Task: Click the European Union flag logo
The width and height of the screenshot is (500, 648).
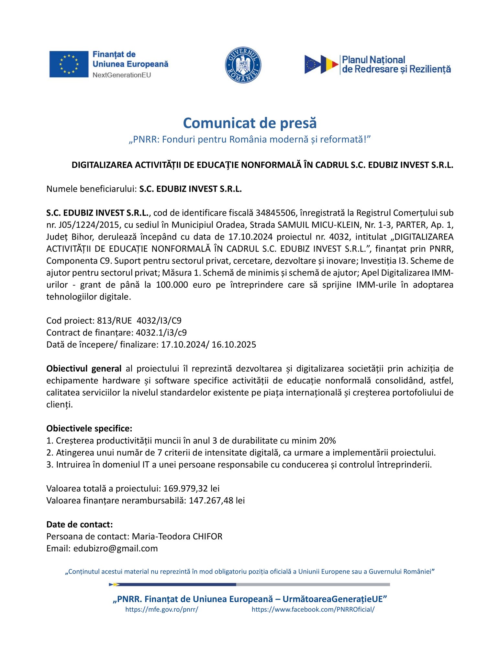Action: pos(69,64)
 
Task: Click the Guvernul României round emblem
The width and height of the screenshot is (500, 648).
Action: pos(243,65)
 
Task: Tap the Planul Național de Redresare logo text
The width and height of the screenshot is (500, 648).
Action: pos(396,64)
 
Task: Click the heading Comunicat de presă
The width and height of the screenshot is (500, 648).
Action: pos(250,123)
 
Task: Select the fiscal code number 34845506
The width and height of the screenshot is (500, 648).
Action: pos(276,213)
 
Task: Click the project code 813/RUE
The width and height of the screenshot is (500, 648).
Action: pos(114,321)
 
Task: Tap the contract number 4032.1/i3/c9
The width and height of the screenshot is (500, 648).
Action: pos(161,333)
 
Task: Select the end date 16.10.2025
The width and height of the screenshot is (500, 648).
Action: pos(234,345)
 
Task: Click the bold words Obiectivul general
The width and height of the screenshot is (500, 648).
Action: pos(84,369)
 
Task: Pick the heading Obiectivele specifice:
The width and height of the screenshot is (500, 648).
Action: pos(89,429)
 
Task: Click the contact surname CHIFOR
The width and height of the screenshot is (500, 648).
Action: pos(207,537)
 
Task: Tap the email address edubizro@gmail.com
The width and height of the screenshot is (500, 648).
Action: pos(116,549)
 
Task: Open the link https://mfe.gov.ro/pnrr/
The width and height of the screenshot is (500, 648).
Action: pos(161,609)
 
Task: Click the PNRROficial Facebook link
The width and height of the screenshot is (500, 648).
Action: pos(313,609)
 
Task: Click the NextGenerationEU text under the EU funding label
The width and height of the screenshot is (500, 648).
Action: pos(122,75)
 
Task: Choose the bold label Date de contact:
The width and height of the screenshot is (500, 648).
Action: pos(80,525)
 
